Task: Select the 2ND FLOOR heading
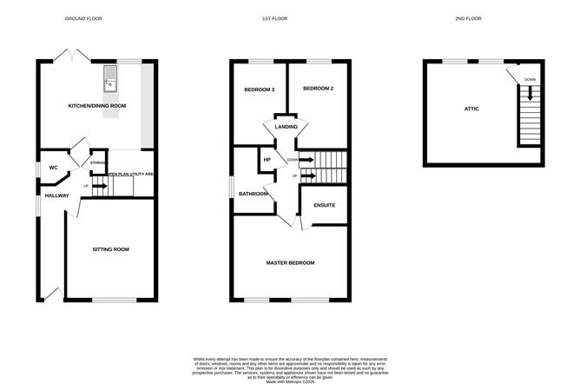coord(487,18)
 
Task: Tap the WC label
coord(53,167)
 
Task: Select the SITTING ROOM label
coord(111,249)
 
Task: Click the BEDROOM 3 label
coord(259,89)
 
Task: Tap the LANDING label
coord(287,127)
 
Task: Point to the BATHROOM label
coord(254,194)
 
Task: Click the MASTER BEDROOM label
coord(290,262)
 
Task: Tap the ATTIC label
coord(471,109)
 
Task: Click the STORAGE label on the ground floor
coord(98,162)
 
